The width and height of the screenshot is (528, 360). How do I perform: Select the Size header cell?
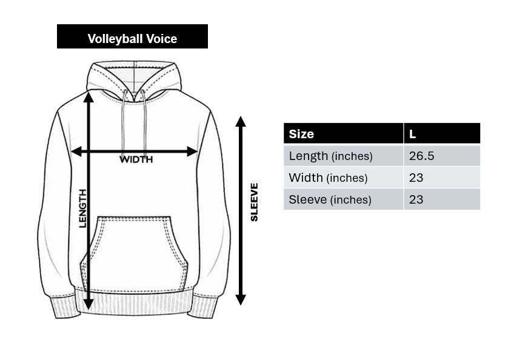(x=343, y=134)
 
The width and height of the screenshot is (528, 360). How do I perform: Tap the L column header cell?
(x=442, y=134)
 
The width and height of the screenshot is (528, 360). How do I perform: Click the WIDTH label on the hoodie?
(x=136, y=160)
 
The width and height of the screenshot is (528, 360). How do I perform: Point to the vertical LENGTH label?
(x=82, y=208)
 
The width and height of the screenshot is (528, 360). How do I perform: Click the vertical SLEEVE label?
(x=254, y=202)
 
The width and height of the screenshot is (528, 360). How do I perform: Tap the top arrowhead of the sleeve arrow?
(x=241, y=121)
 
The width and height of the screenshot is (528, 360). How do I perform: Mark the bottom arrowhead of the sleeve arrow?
(x=241, y=299)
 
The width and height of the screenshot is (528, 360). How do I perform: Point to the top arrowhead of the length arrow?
(x=89, y=96)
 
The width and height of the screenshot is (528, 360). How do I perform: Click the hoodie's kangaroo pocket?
(x=135, y=252)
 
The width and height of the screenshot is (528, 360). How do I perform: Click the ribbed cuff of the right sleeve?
(x=204, y=305)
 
